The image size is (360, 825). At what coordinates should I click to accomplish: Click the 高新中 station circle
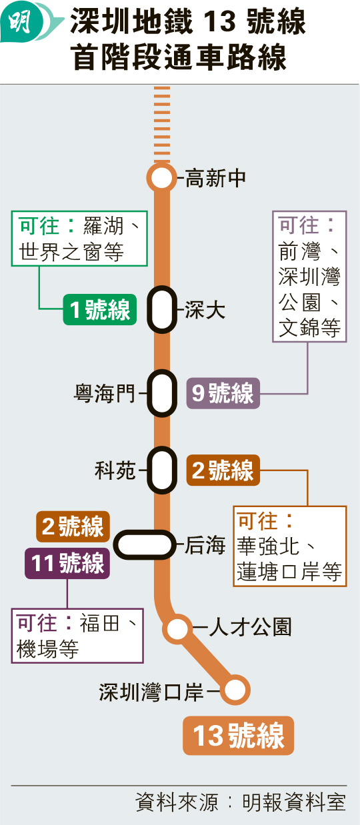(161, 178)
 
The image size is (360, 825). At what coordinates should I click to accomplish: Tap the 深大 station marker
(162, 309)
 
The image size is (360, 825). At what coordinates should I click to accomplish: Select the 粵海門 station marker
(162, 393)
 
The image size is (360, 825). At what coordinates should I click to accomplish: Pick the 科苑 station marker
(162, 470)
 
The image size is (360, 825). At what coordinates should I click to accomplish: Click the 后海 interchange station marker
(145, 544)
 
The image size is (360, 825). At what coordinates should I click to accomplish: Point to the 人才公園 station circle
(177, 628)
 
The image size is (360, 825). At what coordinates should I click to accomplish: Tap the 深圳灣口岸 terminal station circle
(235, 690)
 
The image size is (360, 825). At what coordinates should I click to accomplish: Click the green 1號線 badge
(100, 309)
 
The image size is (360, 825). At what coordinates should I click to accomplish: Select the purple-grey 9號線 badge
(223, 393)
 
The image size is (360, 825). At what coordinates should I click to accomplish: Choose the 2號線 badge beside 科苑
(223, 470)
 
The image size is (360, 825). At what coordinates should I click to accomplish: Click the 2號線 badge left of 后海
(73, 526)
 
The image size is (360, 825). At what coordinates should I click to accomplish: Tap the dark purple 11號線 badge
(67, 563)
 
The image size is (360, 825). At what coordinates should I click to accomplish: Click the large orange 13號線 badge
(239, 736)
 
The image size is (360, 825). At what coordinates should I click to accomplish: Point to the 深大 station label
(205, 310)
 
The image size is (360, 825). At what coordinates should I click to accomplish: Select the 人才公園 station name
(251, 627)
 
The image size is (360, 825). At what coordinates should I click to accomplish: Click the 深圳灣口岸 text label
(151, 692)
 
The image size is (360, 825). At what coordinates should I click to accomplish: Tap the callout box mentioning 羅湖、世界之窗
(79, 239)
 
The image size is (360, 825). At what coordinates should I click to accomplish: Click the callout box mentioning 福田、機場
(77, 636)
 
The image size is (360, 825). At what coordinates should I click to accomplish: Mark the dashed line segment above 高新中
(162, 125)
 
